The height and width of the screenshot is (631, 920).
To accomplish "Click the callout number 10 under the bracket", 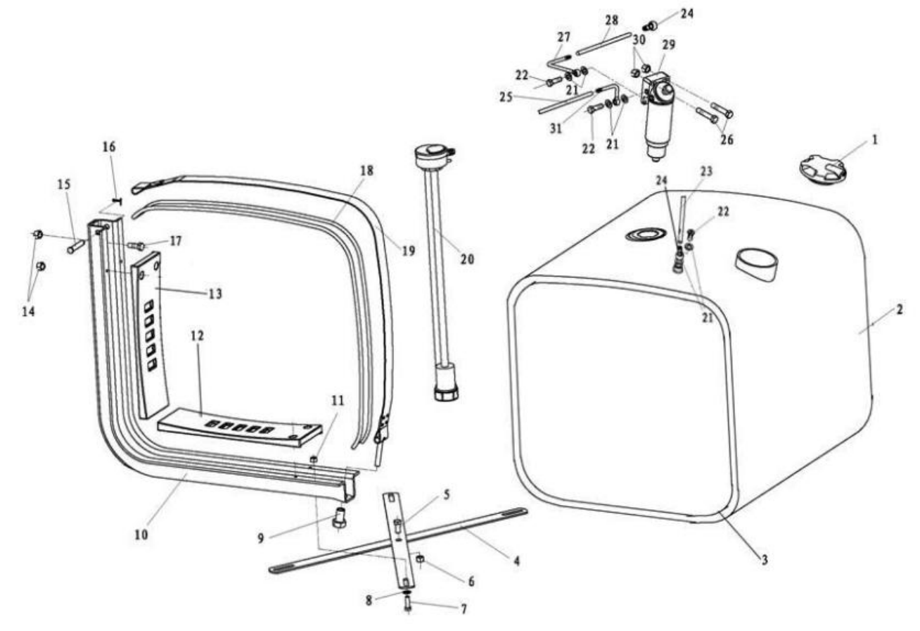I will pos(141,535).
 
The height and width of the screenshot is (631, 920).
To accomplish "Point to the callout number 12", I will pos(197,336).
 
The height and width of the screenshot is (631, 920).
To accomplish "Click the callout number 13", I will pos(215,294).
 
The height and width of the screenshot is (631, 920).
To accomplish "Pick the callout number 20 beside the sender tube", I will pos(468,259).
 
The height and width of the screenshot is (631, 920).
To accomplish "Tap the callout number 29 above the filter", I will pos(668,44).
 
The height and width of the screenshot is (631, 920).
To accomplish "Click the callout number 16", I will pos(109,147).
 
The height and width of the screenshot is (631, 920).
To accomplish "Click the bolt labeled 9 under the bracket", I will pos(340,518).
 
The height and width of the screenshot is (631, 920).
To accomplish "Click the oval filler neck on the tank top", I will pos(757,263).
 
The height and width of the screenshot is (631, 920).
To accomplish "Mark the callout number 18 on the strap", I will pos(366,171).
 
